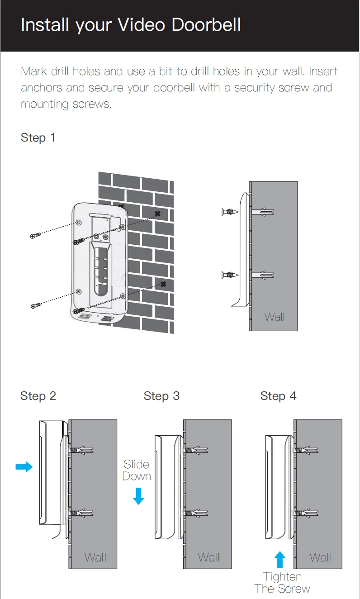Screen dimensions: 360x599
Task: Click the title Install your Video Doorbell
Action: point(131,24)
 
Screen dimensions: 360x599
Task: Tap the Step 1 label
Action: point(38,138)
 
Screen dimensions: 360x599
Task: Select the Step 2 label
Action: point(38,396)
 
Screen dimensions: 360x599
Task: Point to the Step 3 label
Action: point(161,396)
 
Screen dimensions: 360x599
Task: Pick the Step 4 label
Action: point(278,396)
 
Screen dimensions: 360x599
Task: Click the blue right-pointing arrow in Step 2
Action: point(24,466)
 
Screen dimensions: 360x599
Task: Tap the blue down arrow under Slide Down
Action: point(138,496)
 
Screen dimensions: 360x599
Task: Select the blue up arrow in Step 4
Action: point(280,560)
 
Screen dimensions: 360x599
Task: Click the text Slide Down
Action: point(137,470)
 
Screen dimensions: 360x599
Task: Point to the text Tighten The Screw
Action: point(282,583)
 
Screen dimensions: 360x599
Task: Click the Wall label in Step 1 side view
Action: point(275,317)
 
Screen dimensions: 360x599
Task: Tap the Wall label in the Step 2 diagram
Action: point(95,557)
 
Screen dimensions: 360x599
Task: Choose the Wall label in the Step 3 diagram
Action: point(209,557)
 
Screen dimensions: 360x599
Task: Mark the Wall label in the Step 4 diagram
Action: point(321,557)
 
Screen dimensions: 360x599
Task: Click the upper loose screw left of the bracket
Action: point(36,235)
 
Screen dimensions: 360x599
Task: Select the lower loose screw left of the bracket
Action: point(36,306)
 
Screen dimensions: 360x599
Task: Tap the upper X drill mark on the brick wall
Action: point(157,213)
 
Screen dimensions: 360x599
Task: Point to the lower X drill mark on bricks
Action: point(163,284)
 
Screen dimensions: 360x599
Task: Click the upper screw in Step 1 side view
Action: point(230,212)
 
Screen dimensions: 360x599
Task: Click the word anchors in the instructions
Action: point(42,87)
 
